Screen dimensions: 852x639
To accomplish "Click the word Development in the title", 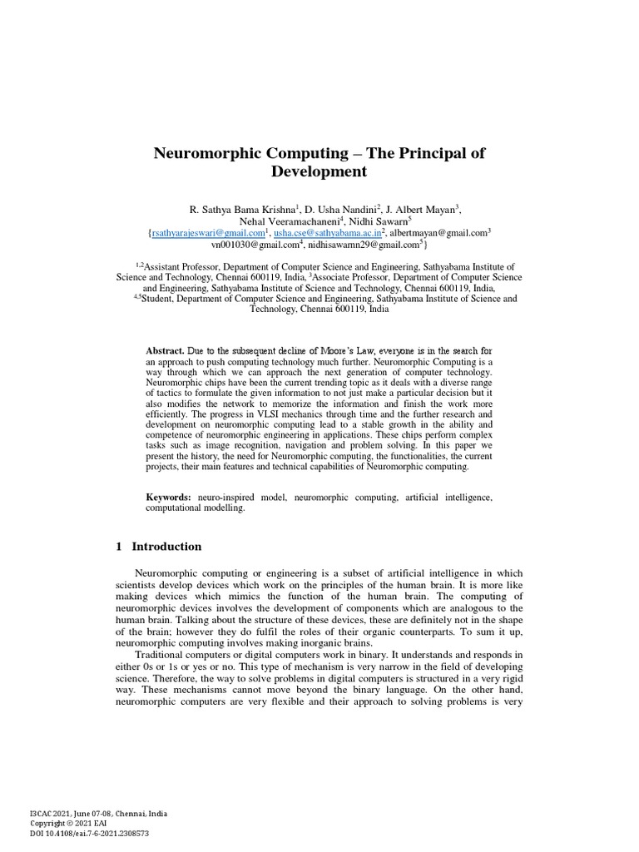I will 319,172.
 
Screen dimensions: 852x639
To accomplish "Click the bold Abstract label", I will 165,351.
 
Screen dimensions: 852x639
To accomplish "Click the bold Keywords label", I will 169,497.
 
